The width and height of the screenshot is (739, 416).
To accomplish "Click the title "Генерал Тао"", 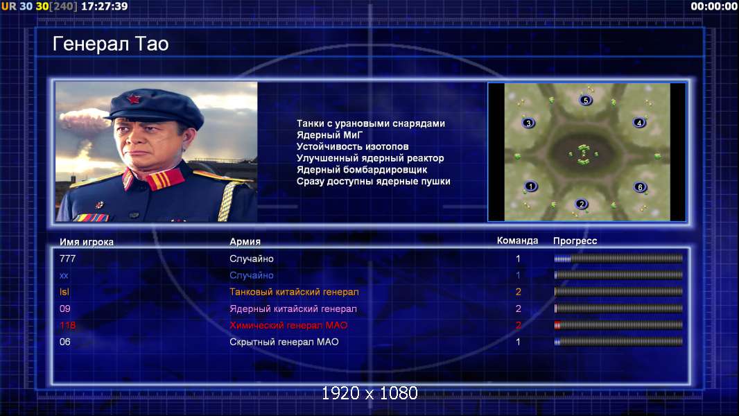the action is click(110, 44).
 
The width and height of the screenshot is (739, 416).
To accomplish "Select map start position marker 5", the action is click(585, 100).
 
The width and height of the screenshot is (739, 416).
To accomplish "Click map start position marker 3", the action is click(528, 123).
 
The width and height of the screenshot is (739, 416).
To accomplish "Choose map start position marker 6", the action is click(640, 187).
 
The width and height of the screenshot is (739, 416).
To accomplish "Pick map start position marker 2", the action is click(581, 204).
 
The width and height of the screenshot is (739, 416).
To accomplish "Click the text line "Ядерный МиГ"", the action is click(329, 135).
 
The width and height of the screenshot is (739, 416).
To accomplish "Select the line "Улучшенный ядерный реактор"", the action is click(370, 158).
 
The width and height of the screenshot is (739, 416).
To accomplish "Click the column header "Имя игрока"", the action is click(86, 242).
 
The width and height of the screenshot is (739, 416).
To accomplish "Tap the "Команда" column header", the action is click(517, 241).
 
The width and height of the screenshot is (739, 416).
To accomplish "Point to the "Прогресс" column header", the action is click(575, 241).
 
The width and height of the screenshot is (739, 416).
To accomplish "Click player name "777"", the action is click(67, 259).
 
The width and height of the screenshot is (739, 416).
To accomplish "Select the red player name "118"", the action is click(67, 325).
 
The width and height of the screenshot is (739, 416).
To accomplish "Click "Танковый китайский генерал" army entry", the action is click(294, 292).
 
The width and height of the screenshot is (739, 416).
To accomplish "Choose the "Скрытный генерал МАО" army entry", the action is click(284, 342).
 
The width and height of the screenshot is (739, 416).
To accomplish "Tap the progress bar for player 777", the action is click(618, 258).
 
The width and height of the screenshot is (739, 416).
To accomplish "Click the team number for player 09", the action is click(518, 309).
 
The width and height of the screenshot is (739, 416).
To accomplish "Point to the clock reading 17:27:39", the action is click(104, 6).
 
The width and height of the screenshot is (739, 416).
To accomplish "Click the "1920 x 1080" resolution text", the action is click(369, 393).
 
